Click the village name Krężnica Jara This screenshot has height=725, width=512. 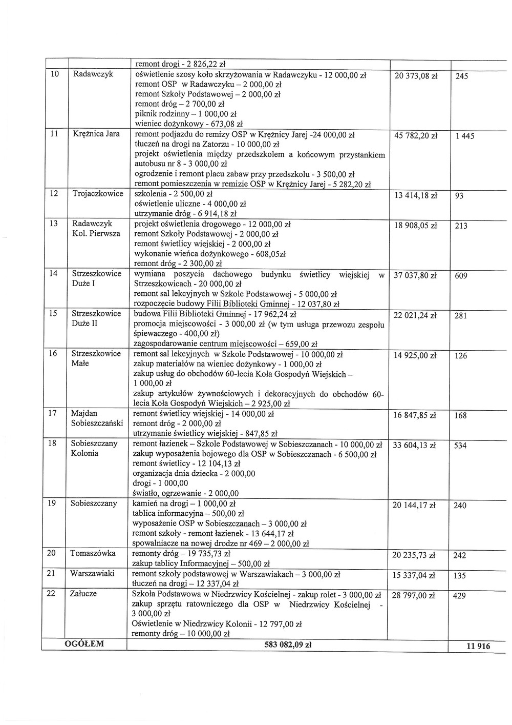click(97, 134)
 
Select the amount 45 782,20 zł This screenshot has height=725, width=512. click(415, 136)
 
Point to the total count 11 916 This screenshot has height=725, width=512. click(478, 647)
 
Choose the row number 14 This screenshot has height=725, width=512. click(53, 274)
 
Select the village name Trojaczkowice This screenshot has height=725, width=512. click(98, 194)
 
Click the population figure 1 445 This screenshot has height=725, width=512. click(464, 136)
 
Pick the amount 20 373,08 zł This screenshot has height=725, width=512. click(415, 76)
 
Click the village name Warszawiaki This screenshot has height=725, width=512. click(92, 573)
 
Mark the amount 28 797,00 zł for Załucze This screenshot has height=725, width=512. click(414, 596)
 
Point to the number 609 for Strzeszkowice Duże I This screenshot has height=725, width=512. click(461, 276)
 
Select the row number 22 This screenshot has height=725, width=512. click(51, 593)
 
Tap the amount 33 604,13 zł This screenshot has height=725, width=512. click(414, 446)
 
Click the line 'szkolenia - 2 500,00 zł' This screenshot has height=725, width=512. click(173, 194)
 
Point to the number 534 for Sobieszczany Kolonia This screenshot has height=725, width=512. click(460, 446)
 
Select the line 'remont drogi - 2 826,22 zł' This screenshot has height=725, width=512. click(180, 64)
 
